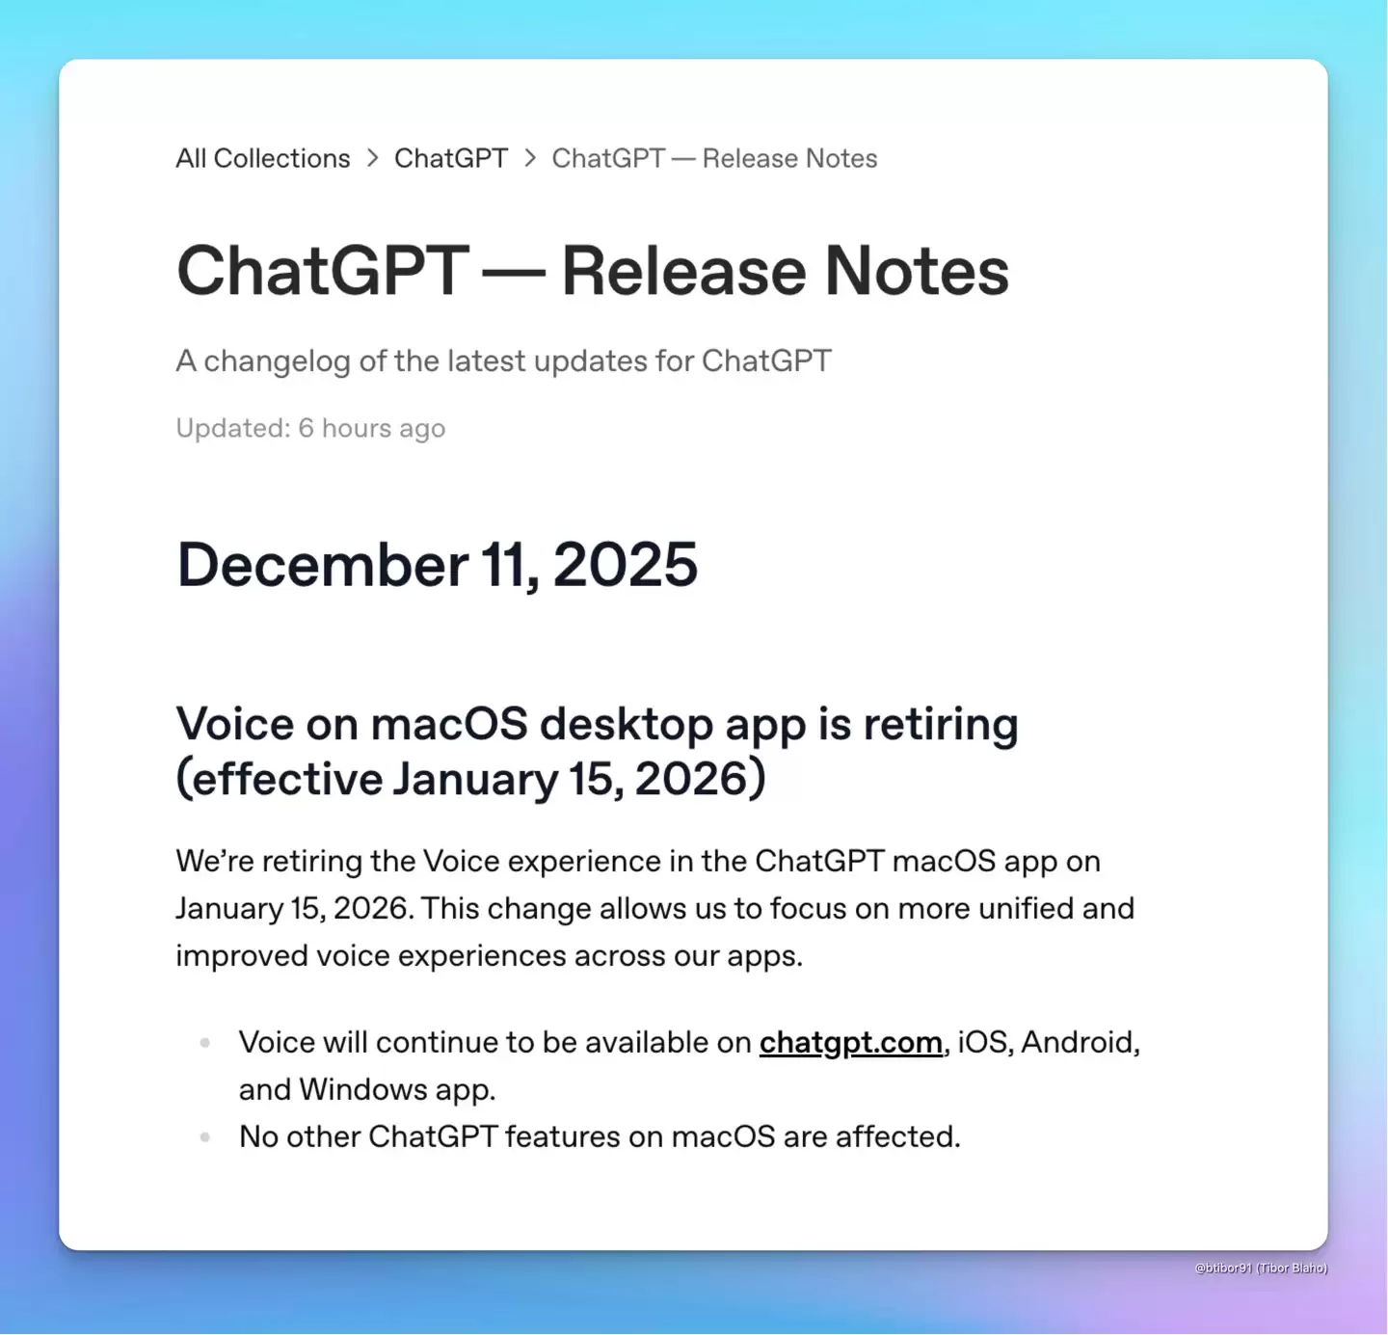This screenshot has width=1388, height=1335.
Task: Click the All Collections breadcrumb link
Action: [262, 158]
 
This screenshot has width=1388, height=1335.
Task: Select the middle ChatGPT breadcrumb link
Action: [450, 158]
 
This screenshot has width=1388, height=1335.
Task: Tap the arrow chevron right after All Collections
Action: [372, 158]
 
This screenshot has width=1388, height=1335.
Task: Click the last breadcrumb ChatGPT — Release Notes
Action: [714, 158]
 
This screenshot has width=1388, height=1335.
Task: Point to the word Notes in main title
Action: [917, 271]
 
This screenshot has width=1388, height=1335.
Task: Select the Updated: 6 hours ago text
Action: [310, 428]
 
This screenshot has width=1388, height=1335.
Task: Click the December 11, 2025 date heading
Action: [437, 565]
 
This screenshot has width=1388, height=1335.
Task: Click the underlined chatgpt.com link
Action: [850, 1042]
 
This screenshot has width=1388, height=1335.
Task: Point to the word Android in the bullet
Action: [1080, 1042]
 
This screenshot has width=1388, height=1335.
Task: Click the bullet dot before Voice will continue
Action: [205, 1042]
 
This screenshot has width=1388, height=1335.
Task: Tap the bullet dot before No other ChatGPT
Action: [205, 1137]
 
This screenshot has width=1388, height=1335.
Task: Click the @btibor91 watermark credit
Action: [1261, 1268]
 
